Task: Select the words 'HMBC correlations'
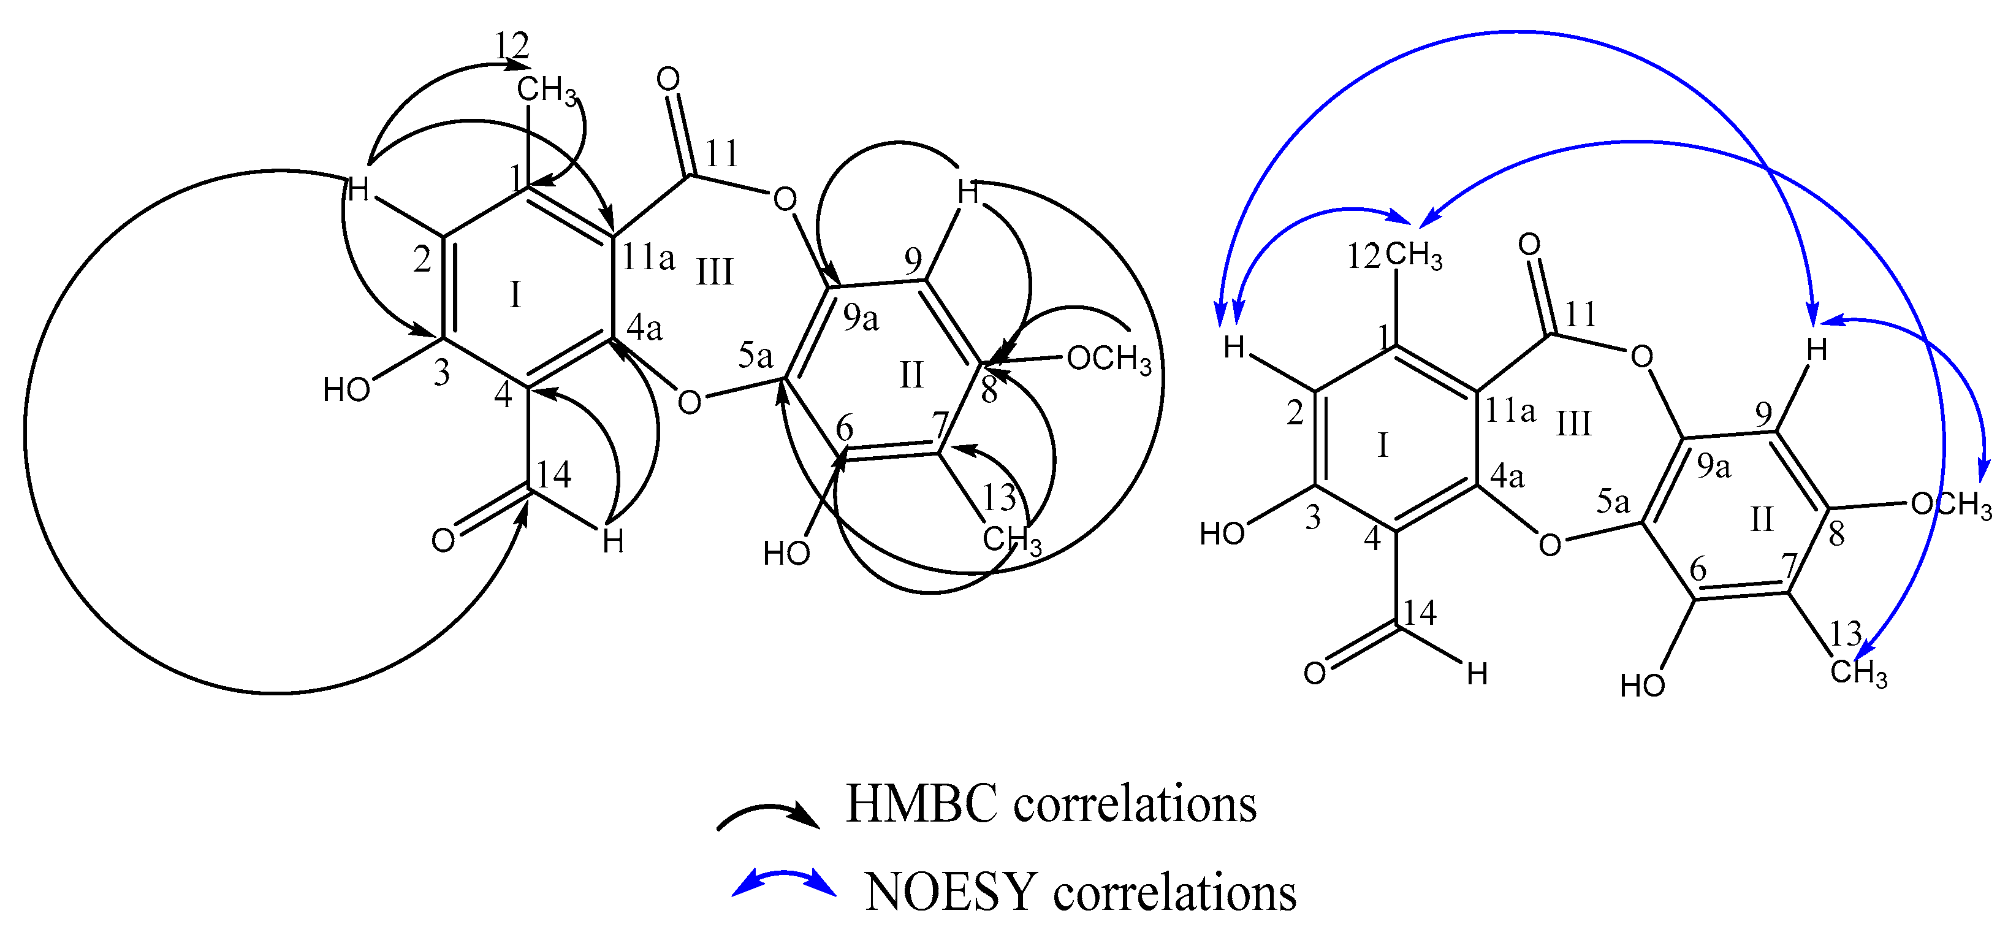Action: (x=1051, y=803)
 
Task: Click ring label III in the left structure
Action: (x=714, y=273)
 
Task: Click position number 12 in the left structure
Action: (x=511, y=47)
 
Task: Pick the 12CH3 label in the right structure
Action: (x=1395, y=256)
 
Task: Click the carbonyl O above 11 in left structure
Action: (x=668, y=80)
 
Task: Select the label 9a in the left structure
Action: (x=860, y=318)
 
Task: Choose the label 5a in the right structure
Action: (x=1613, y=502)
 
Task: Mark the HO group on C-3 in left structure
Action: (x=346, y=390)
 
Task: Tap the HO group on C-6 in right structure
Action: (x=1641, y=686)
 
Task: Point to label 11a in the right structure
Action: (x=1510, y=410)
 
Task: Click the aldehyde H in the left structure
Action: (x=613, y=542)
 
